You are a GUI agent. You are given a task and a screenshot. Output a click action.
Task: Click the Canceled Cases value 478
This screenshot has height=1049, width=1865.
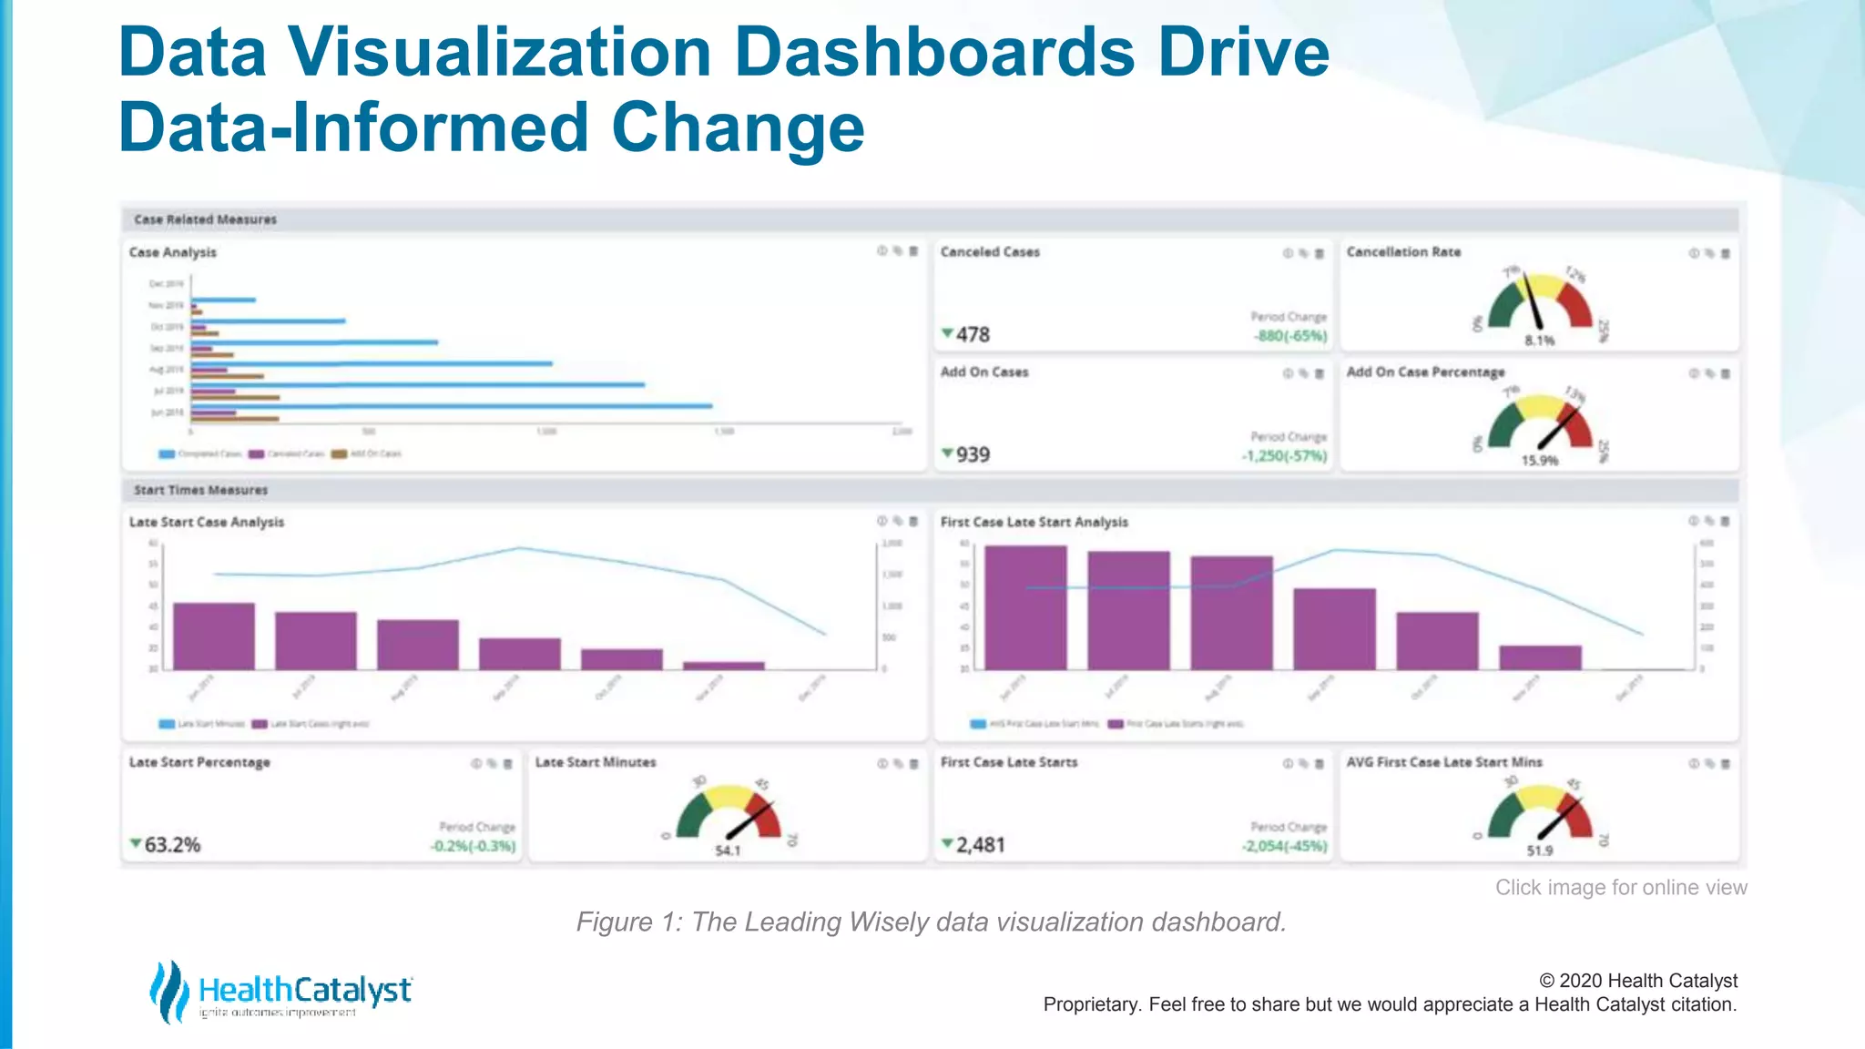(x=972, y=334)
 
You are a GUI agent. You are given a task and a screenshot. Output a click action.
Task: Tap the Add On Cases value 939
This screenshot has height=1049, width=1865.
(x=972, y=454)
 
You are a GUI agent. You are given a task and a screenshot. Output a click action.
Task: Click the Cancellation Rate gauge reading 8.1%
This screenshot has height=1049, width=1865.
(x=1540, y=341)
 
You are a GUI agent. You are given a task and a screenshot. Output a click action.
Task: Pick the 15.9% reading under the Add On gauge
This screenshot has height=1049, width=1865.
(x=1540, y=461)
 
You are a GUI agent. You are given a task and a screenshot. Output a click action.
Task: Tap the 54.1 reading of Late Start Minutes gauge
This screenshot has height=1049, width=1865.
(x=728, y=850)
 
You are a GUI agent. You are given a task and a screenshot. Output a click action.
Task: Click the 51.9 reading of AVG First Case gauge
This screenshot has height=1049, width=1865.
(x=1540, y=850)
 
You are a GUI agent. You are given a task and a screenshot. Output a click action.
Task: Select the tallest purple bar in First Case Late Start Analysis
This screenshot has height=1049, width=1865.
(x=1025, y=607)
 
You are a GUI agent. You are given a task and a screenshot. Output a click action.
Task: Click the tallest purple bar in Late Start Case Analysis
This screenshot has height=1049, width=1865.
(x=214, y=636)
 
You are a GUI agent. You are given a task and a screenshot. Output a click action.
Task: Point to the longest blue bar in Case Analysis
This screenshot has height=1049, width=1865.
(x=452, y=406)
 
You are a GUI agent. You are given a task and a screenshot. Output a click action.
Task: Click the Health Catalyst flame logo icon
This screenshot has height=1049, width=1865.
(x=168, y=991)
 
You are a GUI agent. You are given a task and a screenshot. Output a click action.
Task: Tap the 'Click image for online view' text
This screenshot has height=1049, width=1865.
(x=1621, y=887)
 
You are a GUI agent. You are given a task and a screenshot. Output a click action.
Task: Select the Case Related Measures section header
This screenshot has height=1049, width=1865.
(x=206, y=219)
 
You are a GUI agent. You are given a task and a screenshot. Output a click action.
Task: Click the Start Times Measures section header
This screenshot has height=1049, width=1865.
(x=201, y=490)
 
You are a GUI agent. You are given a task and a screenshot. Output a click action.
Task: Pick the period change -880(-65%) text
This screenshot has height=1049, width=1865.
(x=1290, y=336)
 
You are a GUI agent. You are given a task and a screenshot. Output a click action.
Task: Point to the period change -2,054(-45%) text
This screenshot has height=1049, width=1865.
(x=1284, y=847)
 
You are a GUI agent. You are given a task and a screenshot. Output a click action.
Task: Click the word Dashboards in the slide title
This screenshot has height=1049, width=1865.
(x=934, y=52)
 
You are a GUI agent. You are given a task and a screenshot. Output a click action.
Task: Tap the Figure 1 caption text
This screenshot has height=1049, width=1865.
(x=931, y=922)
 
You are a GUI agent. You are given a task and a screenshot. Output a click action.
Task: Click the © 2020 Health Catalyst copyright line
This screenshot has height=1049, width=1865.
(x=1637, y=981)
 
